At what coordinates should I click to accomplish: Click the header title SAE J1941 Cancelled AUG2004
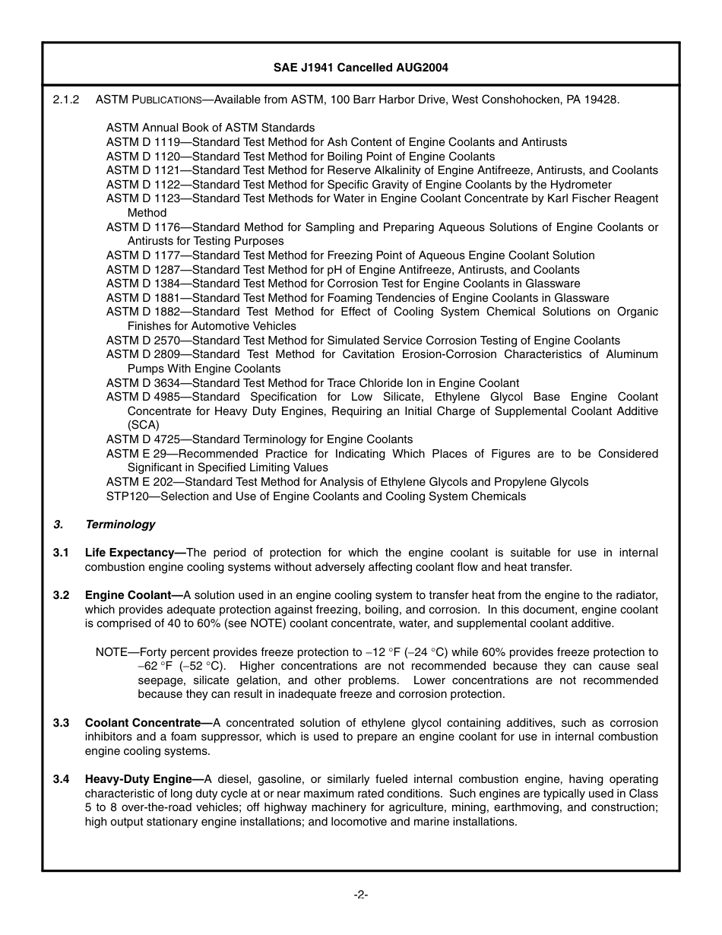tap(360, 68)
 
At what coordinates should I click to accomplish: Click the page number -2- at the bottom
tap(360, 895)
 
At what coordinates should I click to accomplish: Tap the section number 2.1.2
tap(66, 100)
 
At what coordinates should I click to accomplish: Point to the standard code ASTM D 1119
tap(143, 142)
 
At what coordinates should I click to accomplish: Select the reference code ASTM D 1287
tap(143, 270)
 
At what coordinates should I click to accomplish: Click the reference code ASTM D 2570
tap(143, 341)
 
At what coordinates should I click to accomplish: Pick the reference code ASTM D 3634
tap(143, 383)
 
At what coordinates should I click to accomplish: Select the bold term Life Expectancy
tap(133, 553)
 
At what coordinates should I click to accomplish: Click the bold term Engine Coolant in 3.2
tap(131, 595)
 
